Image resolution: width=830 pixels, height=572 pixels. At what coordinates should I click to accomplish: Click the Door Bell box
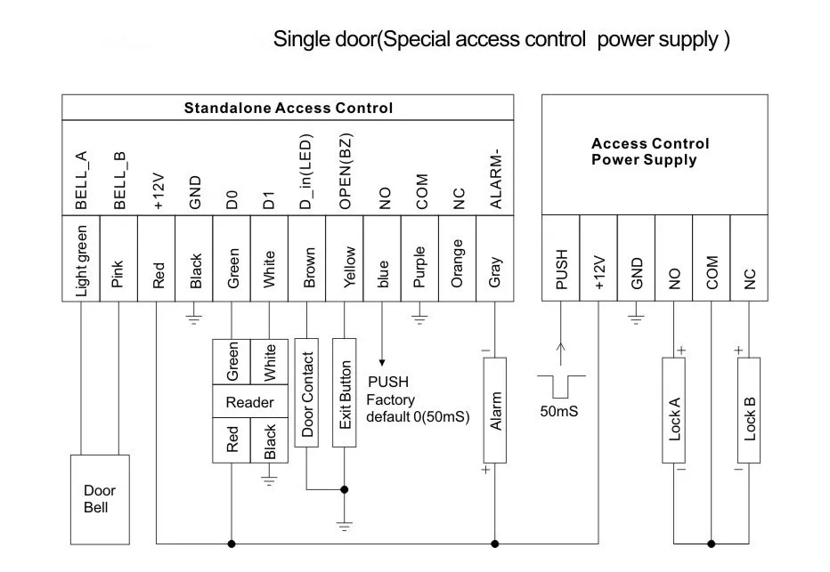click(100, 500)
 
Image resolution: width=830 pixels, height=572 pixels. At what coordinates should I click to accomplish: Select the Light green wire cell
click(81, 259)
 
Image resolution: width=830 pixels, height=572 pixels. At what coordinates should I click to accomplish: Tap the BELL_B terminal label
click(119, 181)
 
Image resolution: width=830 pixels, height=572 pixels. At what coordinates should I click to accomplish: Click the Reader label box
click(250, 402)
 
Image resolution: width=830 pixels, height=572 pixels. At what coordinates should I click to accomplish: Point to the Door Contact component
click(306, 393)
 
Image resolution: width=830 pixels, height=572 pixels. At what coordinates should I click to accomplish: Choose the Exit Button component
click(344, 393)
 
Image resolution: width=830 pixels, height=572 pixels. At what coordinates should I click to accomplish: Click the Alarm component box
click(495, 410)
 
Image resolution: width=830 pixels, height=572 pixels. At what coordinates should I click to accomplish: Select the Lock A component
click(674, 410)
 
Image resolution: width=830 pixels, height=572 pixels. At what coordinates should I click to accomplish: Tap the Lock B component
click(749, 410)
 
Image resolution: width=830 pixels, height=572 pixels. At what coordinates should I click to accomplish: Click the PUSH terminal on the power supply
click(561, 259)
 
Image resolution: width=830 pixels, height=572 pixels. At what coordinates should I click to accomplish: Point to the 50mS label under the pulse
click(559, 411)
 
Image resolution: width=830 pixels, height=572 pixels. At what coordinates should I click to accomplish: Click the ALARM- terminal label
click(495, 179)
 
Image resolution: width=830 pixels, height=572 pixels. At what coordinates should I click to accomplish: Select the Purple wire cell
click(419, 259)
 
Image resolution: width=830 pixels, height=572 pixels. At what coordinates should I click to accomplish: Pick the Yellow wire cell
click(345, 259)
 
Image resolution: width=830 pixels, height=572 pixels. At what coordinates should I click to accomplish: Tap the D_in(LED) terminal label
click(306, 172)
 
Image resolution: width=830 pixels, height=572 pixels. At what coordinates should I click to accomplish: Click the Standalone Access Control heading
click(288, 108)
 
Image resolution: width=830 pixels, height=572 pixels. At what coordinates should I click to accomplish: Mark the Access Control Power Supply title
click(650, 152)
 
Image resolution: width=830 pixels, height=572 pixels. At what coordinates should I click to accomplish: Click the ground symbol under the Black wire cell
click(194, 318)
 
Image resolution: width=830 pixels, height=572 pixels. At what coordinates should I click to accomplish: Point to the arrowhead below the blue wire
click(382, 363)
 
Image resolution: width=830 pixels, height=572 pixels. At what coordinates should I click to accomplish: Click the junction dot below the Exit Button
click(344, 489)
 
